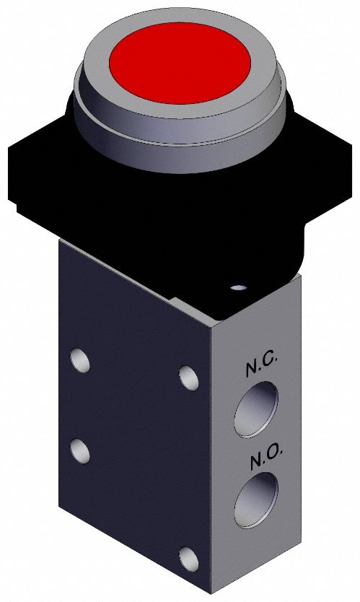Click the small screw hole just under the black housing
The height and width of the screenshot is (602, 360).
pyautogui.click(x=238, y=289)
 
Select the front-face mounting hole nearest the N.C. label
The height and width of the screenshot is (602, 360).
pyautogui.click(x=189, y=376)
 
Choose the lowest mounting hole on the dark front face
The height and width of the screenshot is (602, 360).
pyautogui.click(x=189, y=557)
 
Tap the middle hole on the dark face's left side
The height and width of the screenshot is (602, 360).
pyautogui.click(x=79, y=450)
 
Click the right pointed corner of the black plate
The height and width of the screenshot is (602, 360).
pyautogui.click(x=350, y=188)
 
